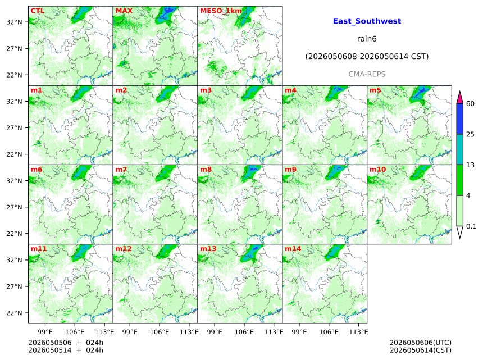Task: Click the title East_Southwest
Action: pyautogui.click(x=367, y=21)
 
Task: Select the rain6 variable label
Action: pyautogui.click(x=367, y=39)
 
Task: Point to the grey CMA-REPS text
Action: pyautogui.click(x=367, y=74)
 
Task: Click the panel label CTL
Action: pyautogui.click(x=38, y=11)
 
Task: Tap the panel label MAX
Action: pyautogui.click(x=124, y=11)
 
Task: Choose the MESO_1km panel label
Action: pyautogui.click(x=221, y=11)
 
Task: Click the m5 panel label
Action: pyautogui.click(x=375, y=90)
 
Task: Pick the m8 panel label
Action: pyautogui.click(x=206, y=170)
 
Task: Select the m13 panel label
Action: pyautogui.click(x=208, y=249)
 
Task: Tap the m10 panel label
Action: pyautogui.click(x=377, y=170)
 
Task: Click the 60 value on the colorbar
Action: pyautogui.click(x=470, y=103)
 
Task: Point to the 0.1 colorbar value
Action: pyautogui.click(x=471, y=226)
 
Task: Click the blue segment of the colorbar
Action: pyautogui.click(x=459, y=119)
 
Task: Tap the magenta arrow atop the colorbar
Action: pyautogui.click(x=459, y=98)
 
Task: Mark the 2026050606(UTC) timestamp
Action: pyautogui.click(x=421, y=343)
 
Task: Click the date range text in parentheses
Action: pyautogui.click(x=367, y=57)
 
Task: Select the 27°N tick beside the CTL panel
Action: pyautogui.click(x=14, y=49)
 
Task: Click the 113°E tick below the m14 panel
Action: pyautogui.click(x=359, y=332)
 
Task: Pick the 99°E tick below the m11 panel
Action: pyautogui.click(x=45, y=332)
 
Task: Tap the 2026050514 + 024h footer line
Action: pyautogui.click(x=66, y=350)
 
